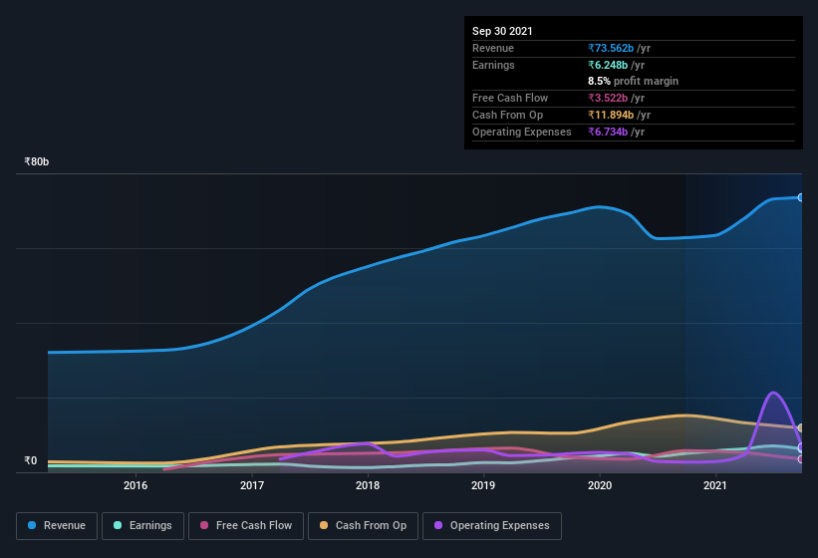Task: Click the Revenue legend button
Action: [57, 525]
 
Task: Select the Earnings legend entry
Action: [140, 525]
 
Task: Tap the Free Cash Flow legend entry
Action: [248, 525]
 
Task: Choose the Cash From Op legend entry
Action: [363, 525]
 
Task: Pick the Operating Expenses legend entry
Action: [491, 525]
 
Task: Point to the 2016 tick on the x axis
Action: [136, 486]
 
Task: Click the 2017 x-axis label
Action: [252, 486]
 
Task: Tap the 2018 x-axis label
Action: [368, 486]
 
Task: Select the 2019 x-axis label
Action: [483, 486]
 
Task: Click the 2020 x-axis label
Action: [600, 486]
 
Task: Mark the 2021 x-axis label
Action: [715, 486]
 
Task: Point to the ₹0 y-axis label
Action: [30, 460]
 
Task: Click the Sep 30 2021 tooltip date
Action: [502, 31]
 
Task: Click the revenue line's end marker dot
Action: [801, 197]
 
